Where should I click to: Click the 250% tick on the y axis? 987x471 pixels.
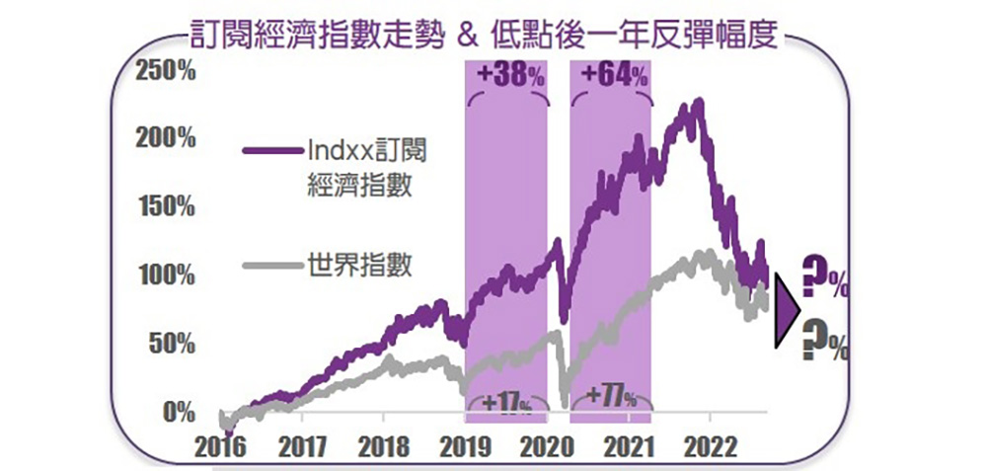click(x=166, y=72)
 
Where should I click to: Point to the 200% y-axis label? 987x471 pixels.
click(x=166, y=137)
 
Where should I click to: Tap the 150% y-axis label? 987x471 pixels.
click(x=166, y=206)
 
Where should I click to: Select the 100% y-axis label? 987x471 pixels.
click(x=166, y=275)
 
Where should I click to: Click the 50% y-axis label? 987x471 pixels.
click(x=171, y=344)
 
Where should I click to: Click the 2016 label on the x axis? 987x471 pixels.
click(x=221, y=445)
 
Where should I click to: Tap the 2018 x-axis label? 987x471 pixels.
click(x=384, y=445)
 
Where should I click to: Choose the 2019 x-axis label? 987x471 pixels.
click(x=466, y=445)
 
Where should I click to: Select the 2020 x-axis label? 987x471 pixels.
click(x=548, y=445)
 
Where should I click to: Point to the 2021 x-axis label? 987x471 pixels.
click(x=629, y=445)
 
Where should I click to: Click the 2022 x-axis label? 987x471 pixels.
click(x=713, y=445)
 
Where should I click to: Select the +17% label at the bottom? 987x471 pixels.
click(x=506, y=403)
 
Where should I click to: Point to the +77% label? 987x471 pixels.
click(x=610, y=396)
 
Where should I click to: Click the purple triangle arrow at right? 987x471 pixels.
click(x=787, y=310)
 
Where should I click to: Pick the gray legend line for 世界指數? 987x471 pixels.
click(x=270, y=265)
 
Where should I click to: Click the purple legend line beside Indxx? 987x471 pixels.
click(x=270, y=151)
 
